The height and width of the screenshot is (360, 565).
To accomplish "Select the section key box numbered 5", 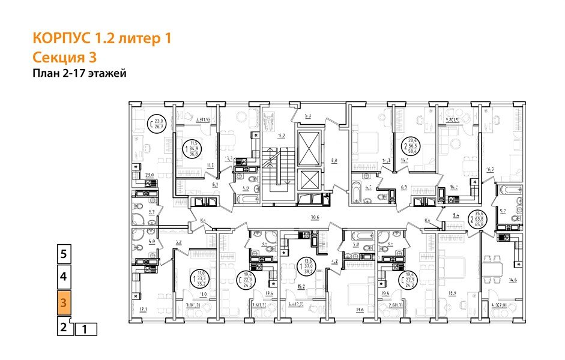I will click(x=64, y=253).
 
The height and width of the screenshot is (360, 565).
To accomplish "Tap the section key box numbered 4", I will click(x=64, y=278).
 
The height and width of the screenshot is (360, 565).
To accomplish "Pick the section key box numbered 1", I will click(x=85, y=329).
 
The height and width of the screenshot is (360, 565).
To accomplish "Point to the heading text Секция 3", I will click(x=64, y=58).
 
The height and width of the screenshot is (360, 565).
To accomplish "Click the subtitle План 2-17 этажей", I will click(x=79, y=74).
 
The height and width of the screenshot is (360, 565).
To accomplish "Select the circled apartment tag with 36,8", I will click(x=193, y=148).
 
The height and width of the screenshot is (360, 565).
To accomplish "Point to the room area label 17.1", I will click(x=144, y=310).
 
